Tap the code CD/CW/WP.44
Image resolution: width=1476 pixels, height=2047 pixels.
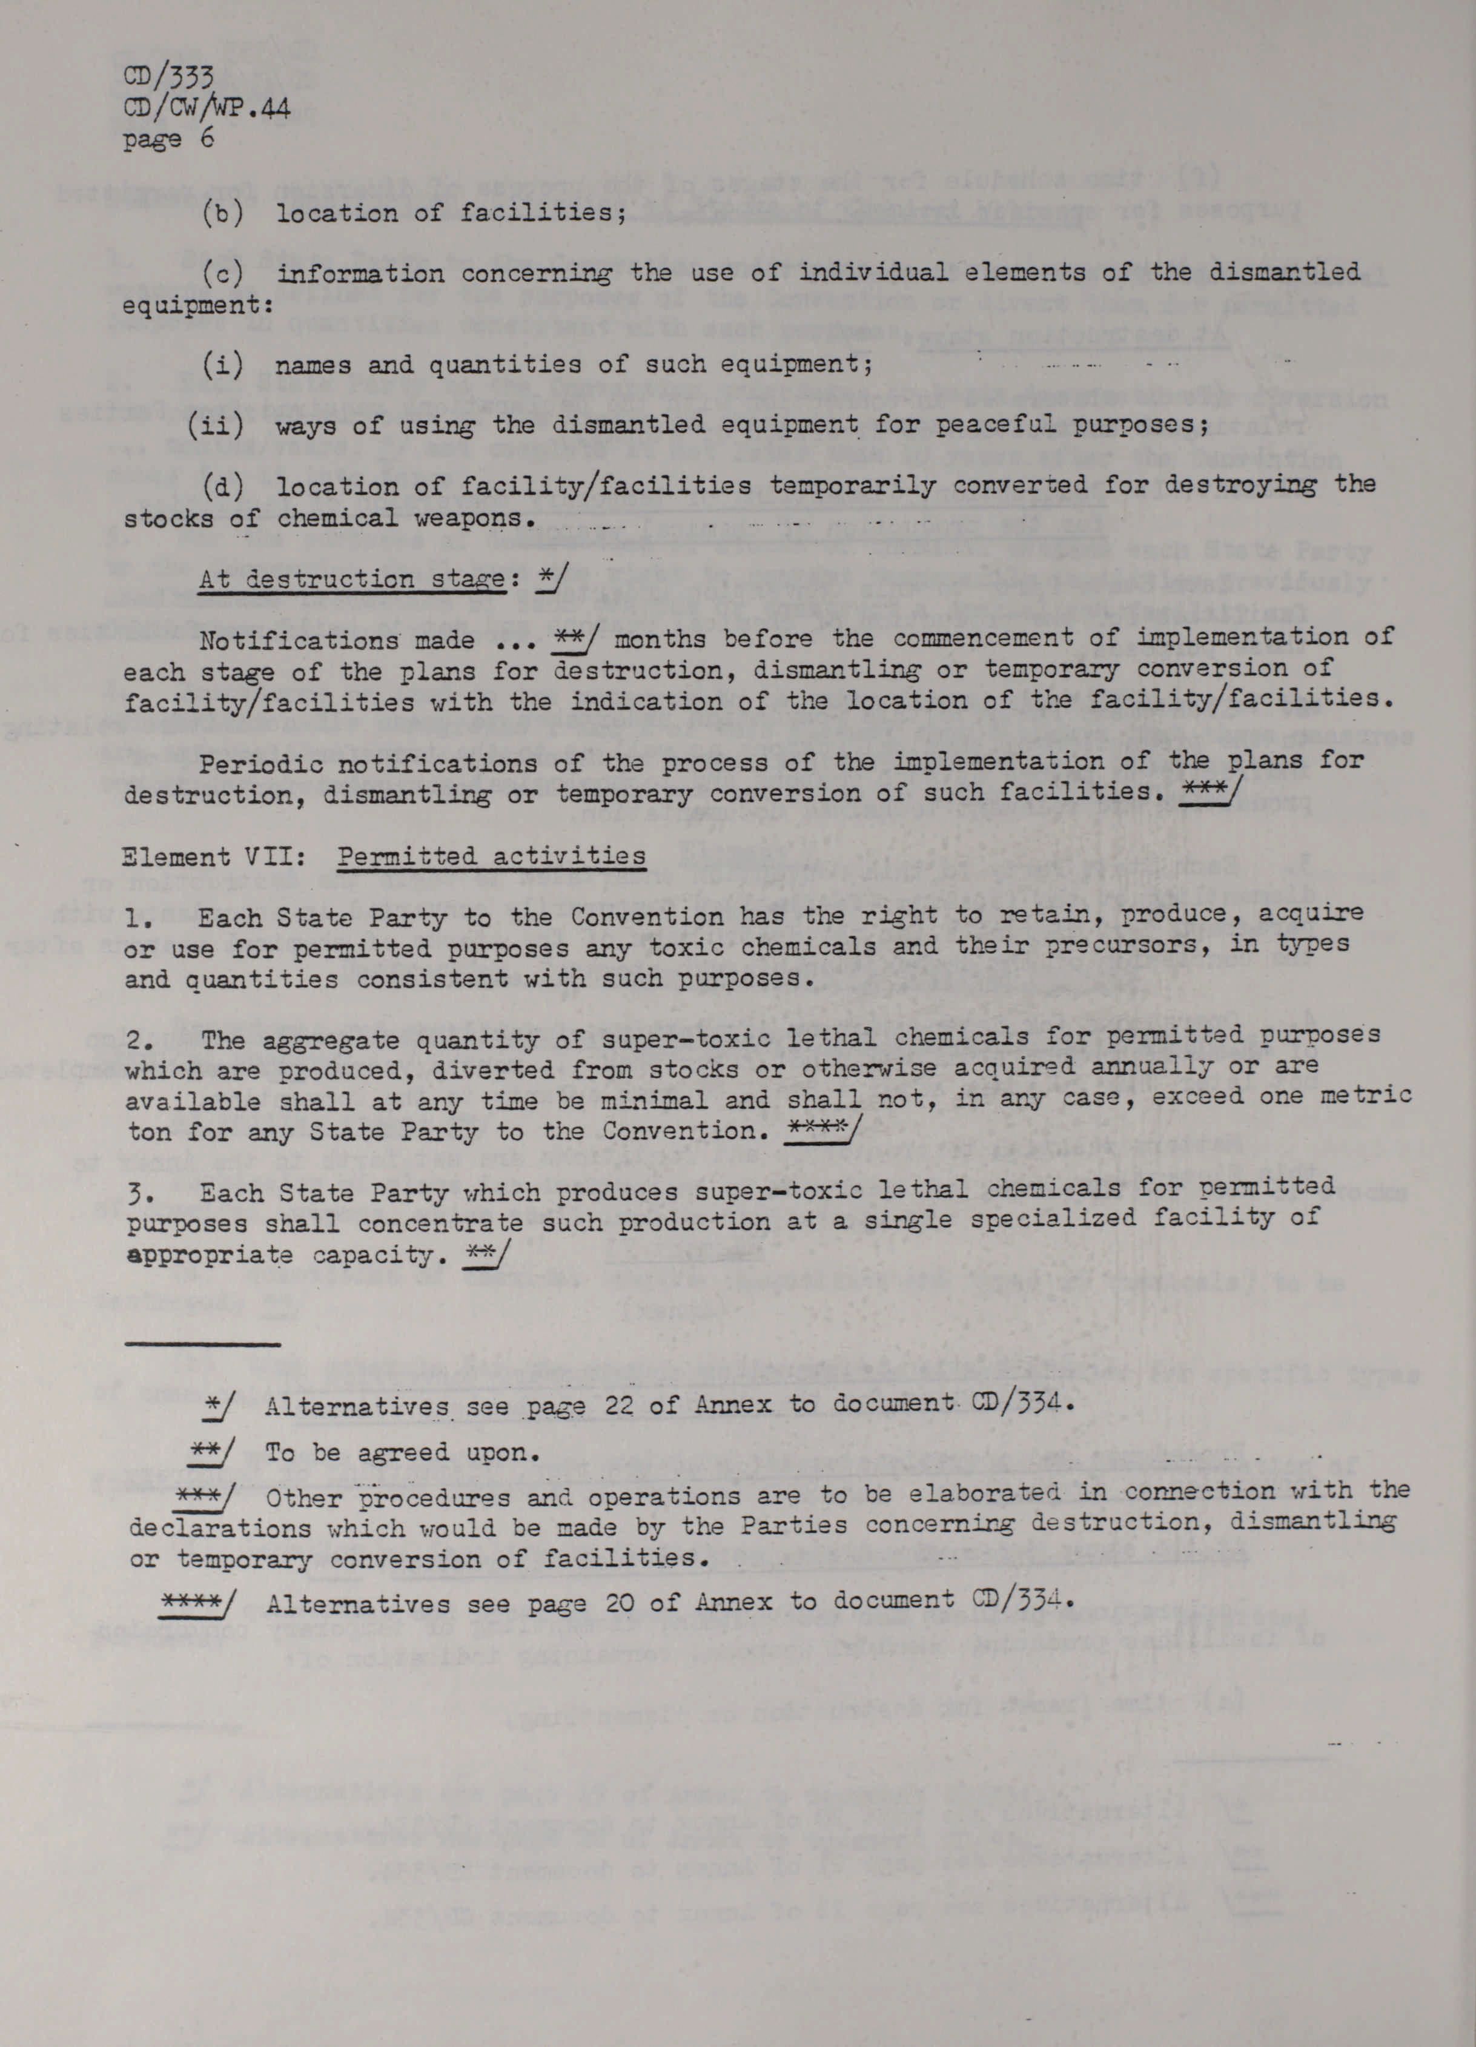207,109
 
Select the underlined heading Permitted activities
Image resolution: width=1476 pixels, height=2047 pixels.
492,856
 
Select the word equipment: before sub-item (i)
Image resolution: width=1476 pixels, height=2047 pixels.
197,306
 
